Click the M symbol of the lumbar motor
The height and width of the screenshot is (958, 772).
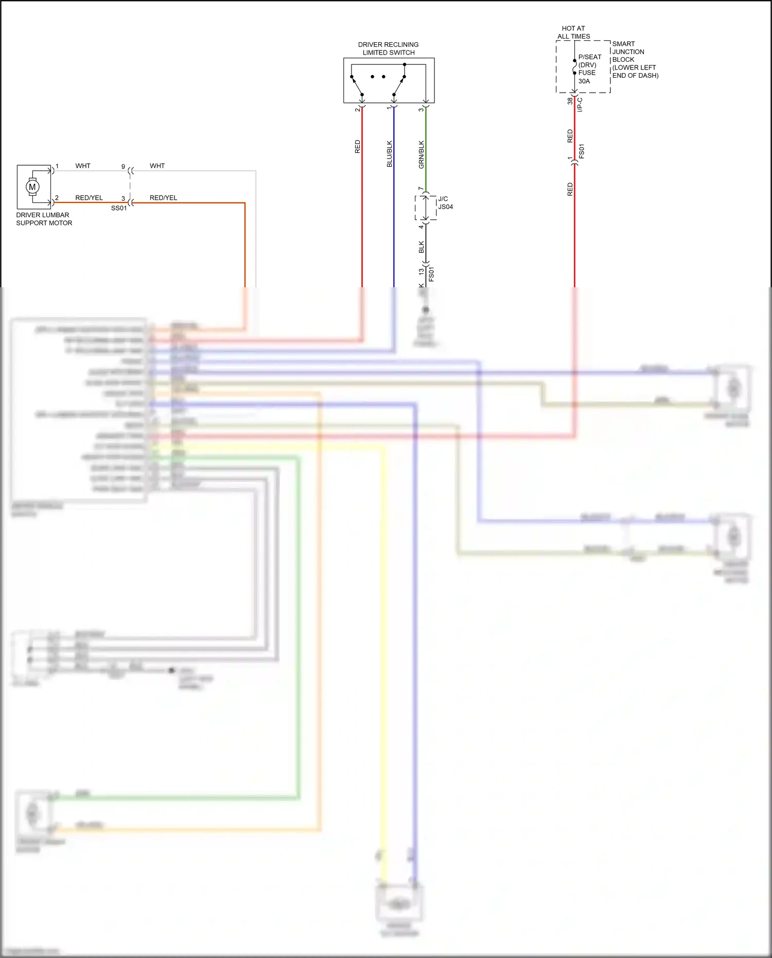[x=32, y=187]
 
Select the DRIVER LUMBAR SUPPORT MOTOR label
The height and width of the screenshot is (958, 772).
[x=44, y=219]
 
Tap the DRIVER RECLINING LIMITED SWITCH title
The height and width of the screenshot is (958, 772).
[x=388, y=48]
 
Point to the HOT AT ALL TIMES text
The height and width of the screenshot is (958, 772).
[x=573, y=32]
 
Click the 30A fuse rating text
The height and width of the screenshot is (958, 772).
[x=584, y=81]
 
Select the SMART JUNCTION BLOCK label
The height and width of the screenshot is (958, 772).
[x=635, y=59]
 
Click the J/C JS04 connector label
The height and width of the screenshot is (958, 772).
[x=445, y=203]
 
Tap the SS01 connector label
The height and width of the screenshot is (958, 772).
[x=119, y=208]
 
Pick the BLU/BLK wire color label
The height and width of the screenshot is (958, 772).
[x=390, y=153]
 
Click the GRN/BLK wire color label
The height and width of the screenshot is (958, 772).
[x=422, y=154]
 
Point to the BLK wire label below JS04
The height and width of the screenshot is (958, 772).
[x=422, y=247]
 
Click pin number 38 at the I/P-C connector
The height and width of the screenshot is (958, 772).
[x=570, y=101]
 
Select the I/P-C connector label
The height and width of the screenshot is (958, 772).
[x=580, y=104]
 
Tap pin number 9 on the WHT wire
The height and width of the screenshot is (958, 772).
[x=123, y=167]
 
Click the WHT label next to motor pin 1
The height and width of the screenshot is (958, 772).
[x=83, y=166]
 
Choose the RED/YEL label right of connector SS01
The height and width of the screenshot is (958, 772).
[x=163, y=198]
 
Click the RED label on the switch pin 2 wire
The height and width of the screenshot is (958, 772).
[x=358, y=146]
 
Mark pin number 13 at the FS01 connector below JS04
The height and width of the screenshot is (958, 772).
[x=421, y=271]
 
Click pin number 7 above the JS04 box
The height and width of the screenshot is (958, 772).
[x=420, y=189]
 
